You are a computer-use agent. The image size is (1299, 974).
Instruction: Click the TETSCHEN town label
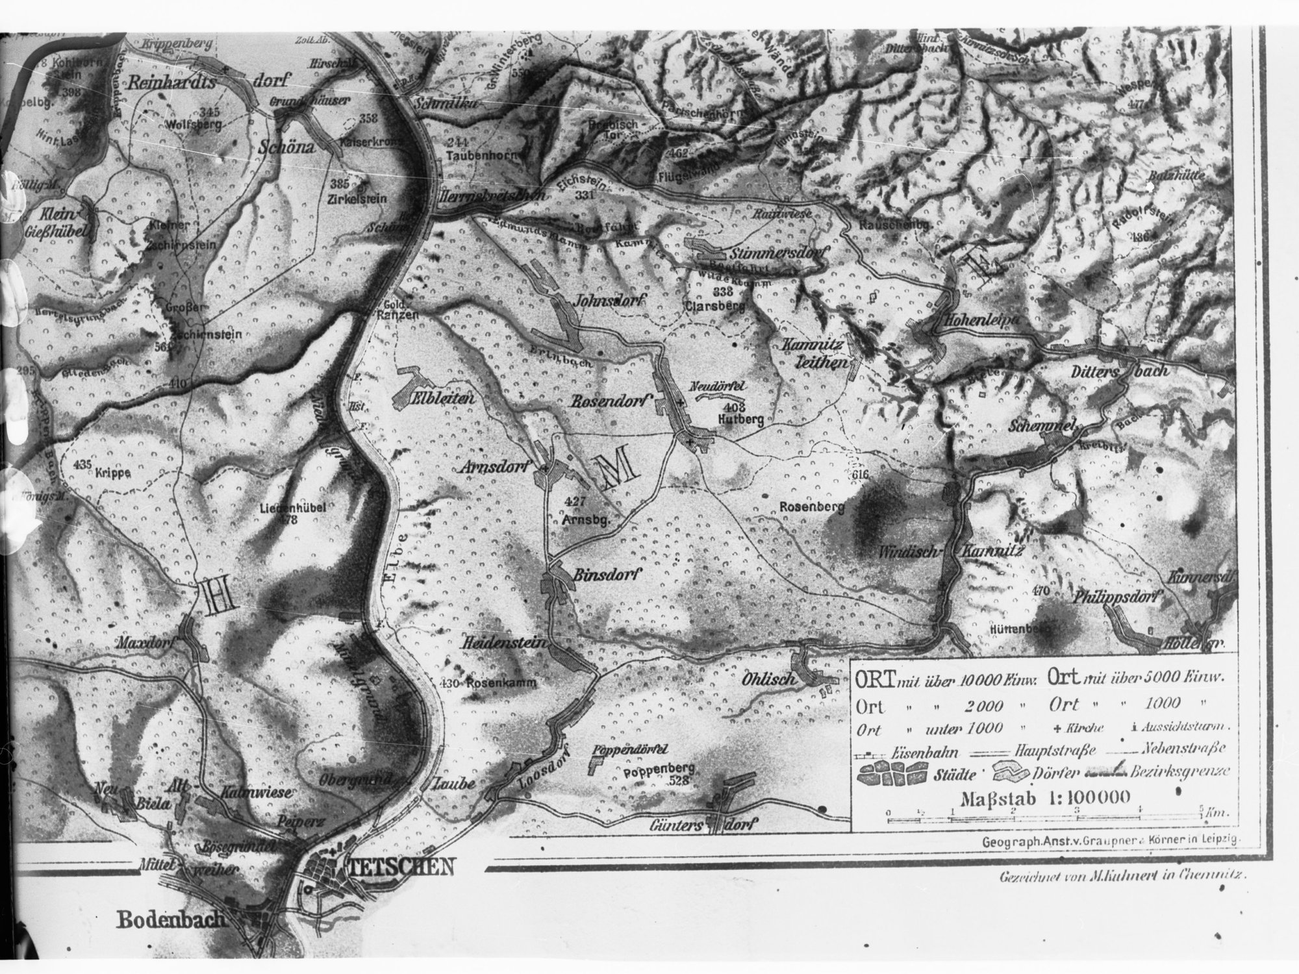pos(399,868)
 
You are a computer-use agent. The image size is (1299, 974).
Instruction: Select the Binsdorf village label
pos(608,574)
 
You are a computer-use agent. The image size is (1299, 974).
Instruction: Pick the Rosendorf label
pos(611,402)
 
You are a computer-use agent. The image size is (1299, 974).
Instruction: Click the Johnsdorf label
pos(607,301)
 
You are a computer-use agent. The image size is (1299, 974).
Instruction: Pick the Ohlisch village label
pos(768,679)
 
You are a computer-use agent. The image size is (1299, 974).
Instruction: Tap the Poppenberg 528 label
pos(657,774)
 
